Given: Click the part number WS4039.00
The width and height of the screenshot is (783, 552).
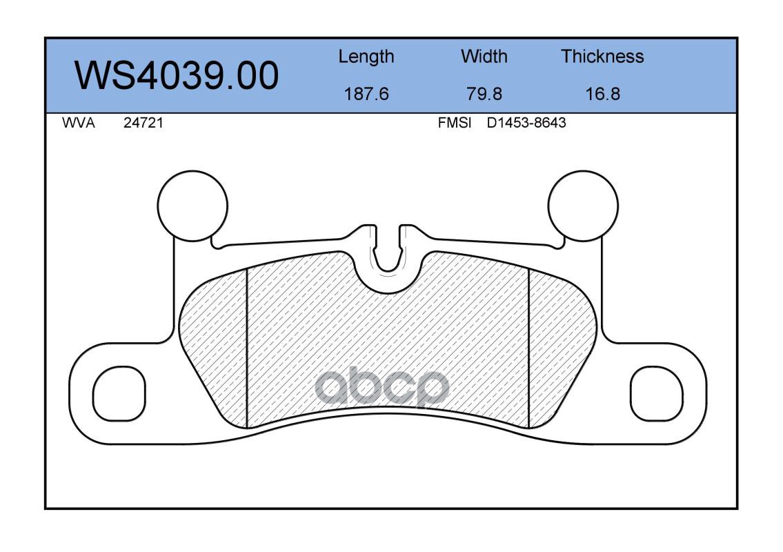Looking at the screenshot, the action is tap(177, 76).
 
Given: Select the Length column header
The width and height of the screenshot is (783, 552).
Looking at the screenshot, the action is tap(366, 57).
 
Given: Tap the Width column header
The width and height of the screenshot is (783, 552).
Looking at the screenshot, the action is tap(484, 57).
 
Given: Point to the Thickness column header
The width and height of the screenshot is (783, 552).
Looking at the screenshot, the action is tap(602, 57).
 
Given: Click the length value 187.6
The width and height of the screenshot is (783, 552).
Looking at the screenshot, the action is tap(366, 94).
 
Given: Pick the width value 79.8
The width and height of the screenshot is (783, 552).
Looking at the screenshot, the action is tap(484, 94).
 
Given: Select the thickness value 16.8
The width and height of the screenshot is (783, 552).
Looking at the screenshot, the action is tap(602, 94).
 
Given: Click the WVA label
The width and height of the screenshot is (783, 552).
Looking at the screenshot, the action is tap(79, 123).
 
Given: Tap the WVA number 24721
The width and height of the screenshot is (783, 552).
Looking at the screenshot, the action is tap(143, 123).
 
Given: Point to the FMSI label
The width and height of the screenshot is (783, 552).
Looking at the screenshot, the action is tap(455, 123).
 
